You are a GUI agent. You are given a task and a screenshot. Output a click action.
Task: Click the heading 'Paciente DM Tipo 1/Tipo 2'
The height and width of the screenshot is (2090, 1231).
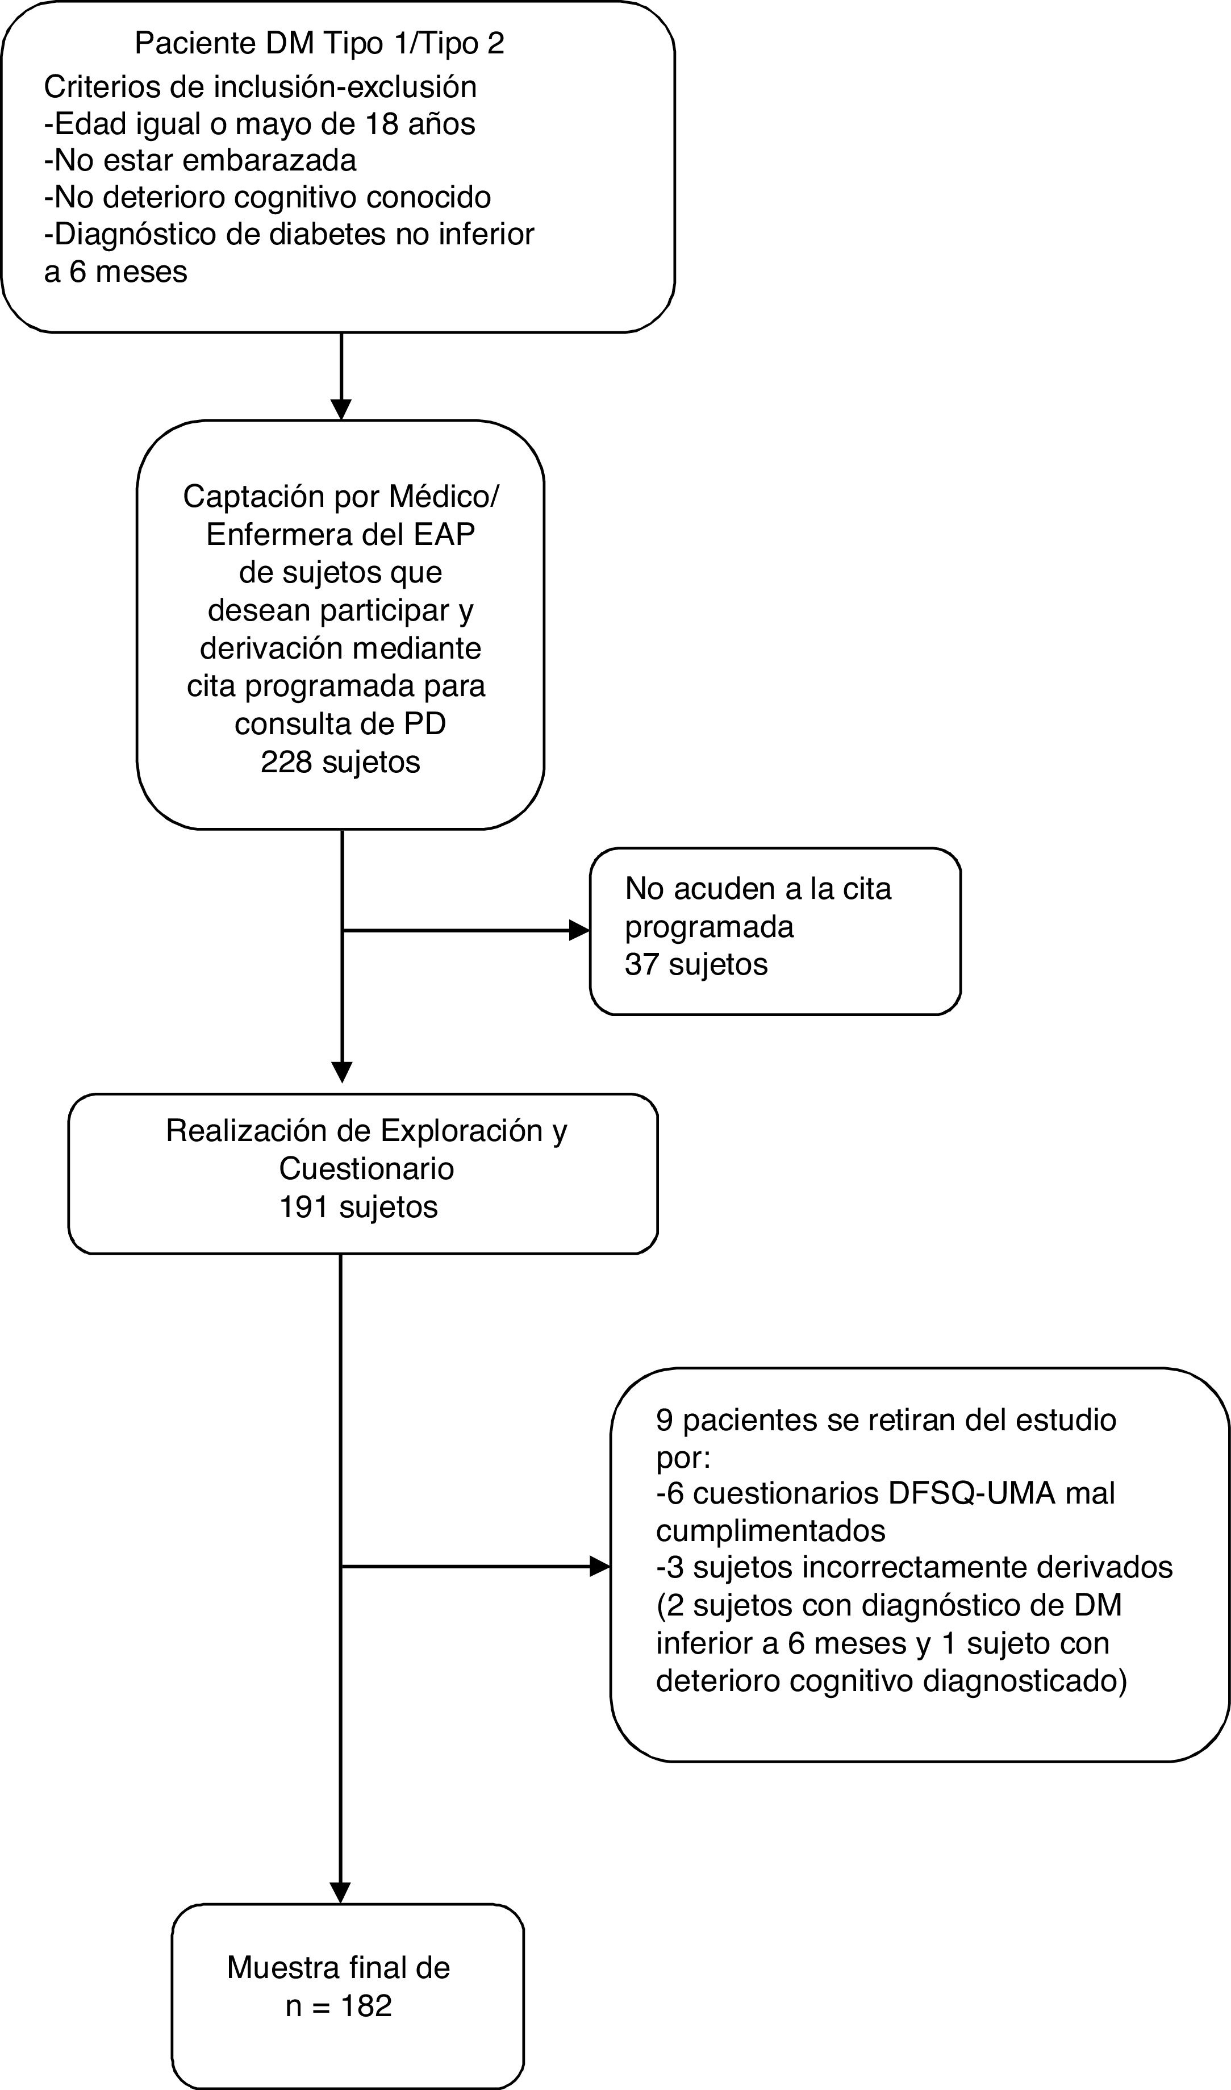(x=319, y=43)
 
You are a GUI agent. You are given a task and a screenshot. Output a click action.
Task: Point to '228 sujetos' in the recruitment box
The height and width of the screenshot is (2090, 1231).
(x=340, y=761)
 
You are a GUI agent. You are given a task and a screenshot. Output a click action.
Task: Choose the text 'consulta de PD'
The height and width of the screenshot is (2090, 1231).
(x=340, y=723)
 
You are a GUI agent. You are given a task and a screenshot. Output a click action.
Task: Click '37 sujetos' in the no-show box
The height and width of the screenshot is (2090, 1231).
(x=696, y=964)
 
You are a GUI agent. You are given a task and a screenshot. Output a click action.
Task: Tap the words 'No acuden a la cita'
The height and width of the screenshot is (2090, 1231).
(x=757, y=889)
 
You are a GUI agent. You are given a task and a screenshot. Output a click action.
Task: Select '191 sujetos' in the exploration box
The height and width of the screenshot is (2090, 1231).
(x=358, y=1206)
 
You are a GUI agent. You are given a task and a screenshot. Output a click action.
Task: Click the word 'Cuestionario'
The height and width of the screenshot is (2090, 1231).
(x=366, y=1168)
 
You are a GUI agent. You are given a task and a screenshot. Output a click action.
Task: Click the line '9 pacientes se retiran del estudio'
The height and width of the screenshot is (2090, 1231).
(x=886, y=1419)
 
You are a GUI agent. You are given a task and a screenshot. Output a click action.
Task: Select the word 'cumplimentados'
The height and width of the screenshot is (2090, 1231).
(x=771, y=1530)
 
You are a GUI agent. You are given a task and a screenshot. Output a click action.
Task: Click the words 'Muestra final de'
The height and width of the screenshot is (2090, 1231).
(x=339, y=1967)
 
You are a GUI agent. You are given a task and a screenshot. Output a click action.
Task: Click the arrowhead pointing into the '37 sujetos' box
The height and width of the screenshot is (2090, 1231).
(x=579, y=930)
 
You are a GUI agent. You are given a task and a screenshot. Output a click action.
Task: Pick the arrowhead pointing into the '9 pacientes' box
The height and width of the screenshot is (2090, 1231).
(x=600, y=1567)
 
